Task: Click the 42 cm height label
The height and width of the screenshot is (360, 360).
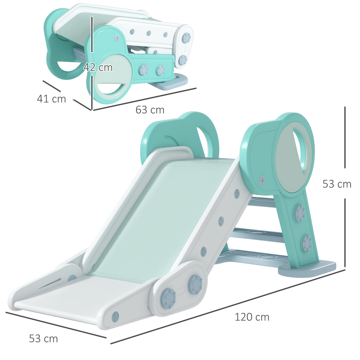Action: pyautogui.click(x=98, y=68)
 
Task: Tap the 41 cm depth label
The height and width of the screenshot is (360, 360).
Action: pyautogui.click(x=51, y=99)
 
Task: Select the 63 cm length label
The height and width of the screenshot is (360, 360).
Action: pyautogui.click(x=150, y=110)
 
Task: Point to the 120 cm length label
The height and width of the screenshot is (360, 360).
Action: pyautogui.click(x=252, y=317)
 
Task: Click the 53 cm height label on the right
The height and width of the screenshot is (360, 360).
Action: pyautogui.click(x=337, y=184)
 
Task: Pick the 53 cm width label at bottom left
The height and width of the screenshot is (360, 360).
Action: pyautogui.click(x=43, y=339)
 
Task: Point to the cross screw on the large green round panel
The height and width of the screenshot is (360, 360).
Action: pyautogui.click(x=262, y=180)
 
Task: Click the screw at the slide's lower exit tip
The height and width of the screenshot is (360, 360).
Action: pyautogui.click(x=115, y=317)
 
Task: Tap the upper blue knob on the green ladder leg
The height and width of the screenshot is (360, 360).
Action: pyautogui.click(x=300, y=213)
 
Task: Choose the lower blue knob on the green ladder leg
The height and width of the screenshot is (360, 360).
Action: pyautogui.click(x=306, y=243)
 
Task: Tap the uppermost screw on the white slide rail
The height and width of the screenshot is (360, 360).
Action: pyautogui.click(x=237, y=194)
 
